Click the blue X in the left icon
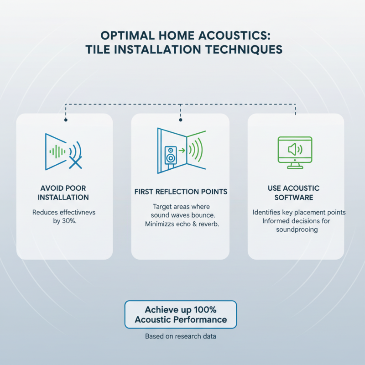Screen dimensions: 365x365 [75, 162]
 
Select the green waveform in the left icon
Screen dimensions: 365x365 [57, 151]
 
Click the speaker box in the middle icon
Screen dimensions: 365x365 [170, 155]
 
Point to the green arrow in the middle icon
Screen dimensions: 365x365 [181, 149]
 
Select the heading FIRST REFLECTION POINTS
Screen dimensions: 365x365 [180, 191]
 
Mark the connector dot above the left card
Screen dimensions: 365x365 [66, 120]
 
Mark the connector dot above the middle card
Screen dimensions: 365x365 [181, 120]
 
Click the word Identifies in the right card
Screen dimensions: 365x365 [268, 213]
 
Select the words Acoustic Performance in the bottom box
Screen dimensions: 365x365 [181, 319]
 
